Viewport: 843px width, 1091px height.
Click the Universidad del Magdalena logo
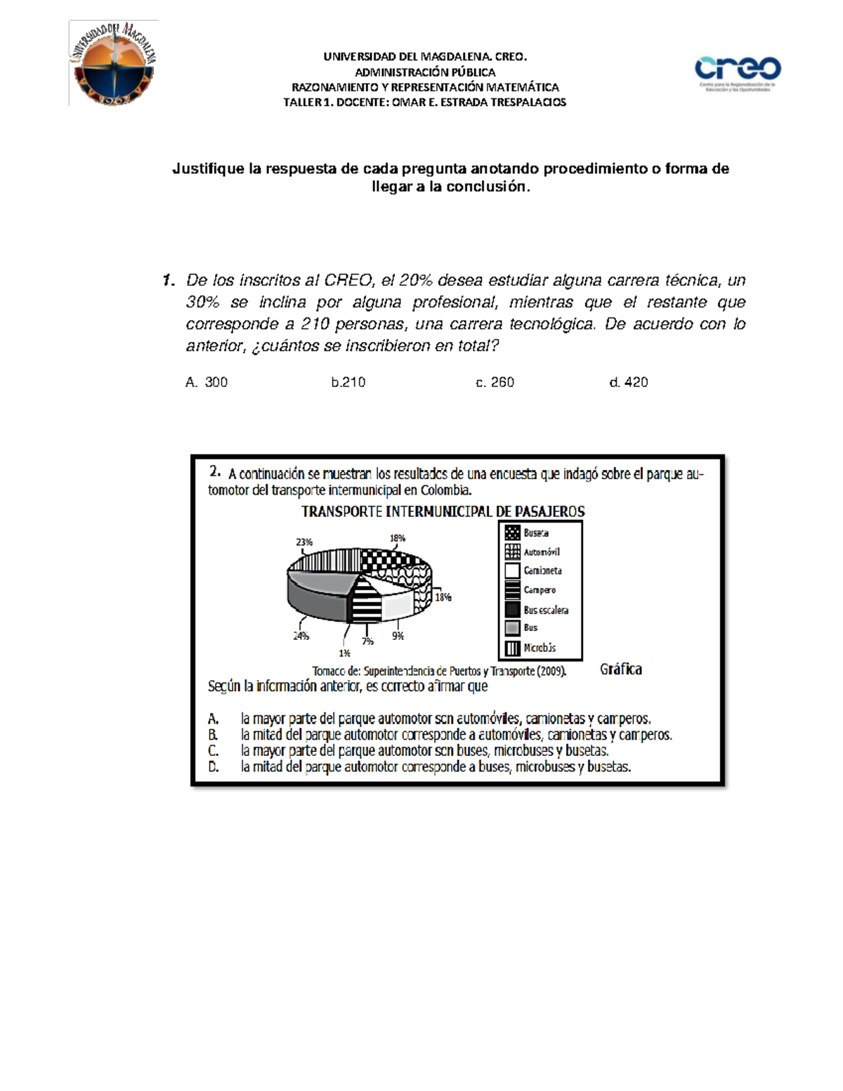pyautogui.click(x=113, y=64)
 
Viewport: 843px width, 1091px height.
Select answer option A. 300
pyautogui.click(x=207, y=382)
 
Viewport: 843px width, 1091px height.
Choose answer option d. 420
pyautogui.click(x=629, y=382)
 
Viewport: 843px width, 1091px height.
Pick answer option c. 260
pyautogui.click(x=495, y=382)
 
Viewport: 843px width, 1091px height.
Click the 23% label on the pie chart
pyautogui.click(x=304, y=542)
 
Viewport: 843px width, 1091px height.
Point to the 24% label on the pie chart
pyautogui.click(x=301, y=636)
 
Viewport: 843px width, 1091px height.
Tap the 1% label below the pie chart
pyautogui.click(x=344, y=653)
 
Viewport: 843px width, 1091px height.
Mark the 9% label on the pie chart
pyautogui.click(x=398, y=636)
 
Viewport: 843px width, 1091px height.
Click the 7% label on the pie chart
pyautogui.click(x=367, y=641)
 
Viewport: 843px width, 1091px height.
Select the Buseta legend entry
pyautogui.click(x=535, y=533)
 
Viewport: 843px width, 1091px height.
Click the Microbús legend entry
pyautogui.click(x=539, y=648)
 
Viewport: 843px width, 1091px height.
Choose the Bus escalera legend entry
pyautogui.click(x=545, y=610)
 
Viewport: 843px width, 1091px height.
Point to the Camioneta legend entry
pyautogui.click(x=542, y=571)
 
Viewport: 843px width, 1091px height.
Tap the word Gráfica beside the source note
pyautogui.click(x=620, y=669)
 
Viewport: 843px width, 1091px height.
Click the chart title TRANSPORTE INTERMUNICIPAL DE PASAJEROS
pyautogui.click(x=443, y=511)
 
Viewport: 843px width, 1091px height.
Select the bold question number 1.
pyautogui.click(x=168, y=280)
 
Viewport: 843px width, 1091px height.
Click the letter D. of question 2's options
pyautogui.click(x=214, y=767)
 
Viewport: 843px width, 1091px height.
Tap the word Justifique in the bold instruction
pyautogui.click(x=207, y=169)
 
